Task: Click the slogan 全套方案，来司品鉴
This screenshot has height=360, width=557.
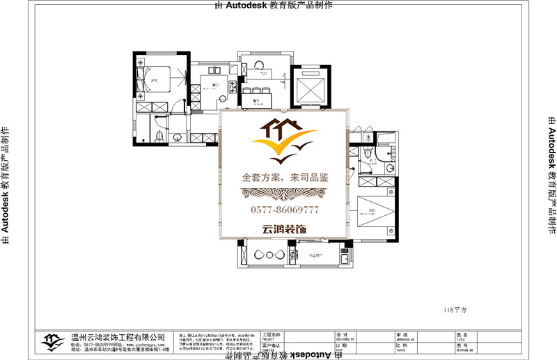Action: click(284, 178)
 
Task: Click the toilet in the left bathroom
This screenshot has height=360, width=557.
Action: click(159, 134)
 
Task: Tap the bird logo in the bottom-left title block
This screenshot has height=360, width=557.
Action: click(50, 341)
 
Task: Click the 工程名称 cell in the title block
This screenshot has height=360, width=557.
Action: click(272, 335)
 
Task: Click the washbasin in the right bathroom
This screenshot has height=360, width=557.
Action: click(390, 167)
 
